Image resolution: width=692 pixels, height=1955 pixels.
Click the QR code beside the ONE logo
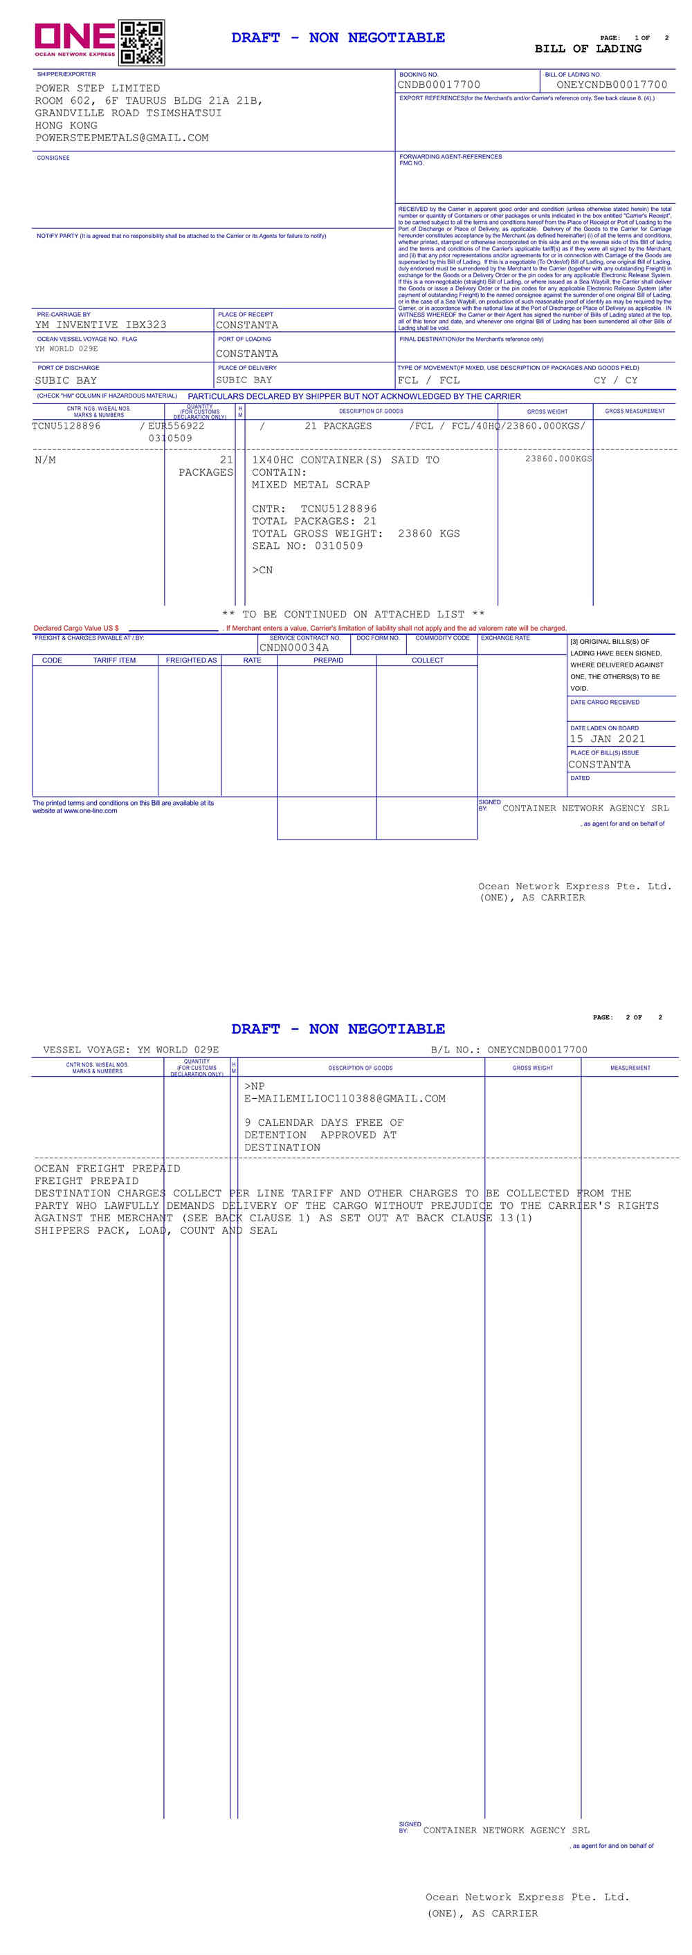tap(141, 42)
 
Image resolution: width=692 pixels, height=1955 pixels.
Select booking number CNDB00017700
tap(439, 85)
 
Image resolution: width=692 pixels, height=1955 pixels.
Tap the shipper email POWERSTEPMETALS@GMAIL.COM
tap(122, 138)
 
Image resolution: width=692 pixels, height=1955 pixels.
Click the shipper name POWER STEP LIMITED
tap(98, 89)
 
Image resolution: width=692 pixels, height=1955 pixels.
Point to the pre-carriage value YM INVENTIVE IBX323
tap(100, 325)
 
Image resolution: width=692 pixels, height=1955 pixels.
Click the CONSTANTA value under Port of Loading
tap(247, 353)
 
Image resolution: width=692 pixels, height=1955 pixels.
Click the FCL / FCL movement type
tap(428, 381)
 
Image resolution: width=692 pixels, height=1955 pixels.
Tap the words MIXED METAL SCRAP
tap(311, 485)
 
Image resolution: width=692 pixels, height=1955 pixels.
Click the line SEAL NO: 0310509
tap(308, 546)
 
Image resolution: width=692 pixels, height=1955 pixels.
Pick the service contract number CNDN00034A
tap(294, 648)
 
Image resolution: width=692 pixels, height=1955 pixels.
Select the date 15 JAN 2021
tap(607, 739)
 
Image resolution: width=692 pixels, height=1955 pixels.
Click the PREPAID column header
tap(328, 661)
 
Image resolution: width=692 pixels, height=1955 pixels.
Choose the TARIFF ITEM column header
tap(114, 661)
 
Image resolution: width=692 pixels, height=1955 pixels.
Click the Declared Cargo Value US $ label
tap(76, 629)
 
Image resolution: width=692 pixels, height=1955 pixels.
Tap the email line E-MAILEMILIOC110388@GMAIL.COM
tap(345, 1099)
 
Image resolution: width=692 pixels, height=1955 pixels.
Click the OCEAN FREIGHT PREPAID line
tap(107, 1169)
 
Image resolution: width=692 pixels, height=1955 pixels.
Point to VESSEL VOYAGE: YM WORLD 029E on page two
tap(131, 1050)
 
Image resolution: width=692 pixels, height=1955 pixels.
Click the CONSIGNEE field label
tap(53, 158)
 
